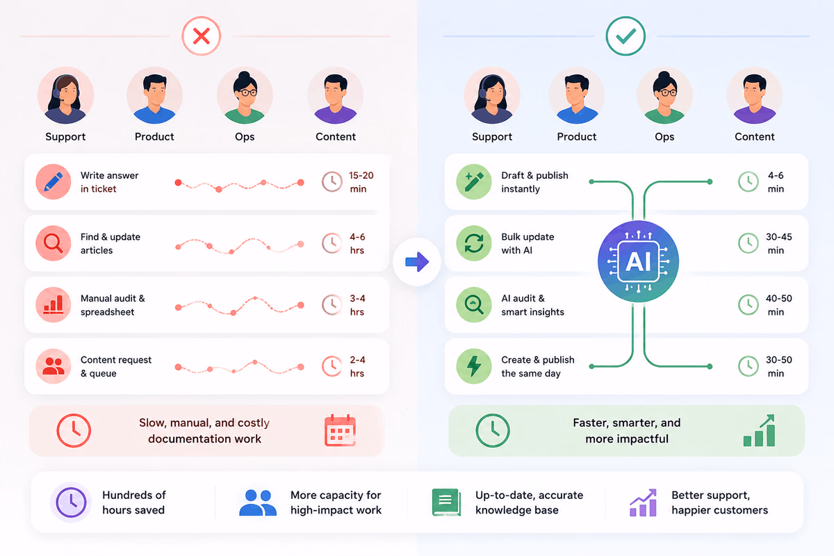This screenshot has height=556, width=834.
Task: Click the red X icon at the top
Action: [x=201, y=36]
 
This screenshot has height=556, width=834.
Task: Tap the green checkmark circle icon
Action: [x=625, y=36]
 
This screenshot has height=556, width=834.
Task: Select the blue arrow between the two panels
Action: [x=417, y=262]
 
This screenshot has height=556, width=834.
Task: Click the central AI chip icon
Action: [x=638, y=261]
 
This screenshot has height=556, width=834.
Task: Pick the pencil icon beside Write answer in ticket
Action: [x=54, y=181]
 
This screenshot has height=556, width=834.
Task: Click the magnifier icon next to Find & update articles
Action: [x=54, y=243]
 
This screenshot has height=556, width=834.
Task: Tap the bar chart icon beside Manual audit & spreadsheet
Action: [x=54, y=304]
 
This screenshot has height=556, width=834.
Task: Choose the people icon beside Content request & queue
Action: [x=54, y=366]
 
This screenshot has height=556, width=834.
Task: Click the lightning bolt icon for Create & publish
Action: [x=473, y=366]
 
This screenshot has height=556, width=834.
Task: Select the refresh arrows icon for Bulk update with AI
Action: [x=473, y=243]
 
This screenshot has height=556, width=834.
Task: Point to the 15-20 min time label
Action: [x=361, y=182]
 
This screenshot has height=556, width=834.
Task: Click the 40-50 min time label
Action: [x=778, y=305]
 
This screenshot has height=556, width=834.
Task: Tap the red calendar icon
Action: [x=340, y=430]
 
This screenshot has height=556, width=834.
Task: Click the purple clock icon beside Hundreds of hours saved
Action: [x=71, y=502]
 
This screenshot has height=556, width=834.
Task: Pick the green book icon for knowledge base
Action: [x=446, y=502]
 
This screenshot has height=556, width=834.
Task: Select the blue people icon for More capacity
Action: [x=258, y=502]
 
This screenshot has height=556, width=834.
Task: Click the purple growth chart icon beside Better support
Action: [x=643, y=502]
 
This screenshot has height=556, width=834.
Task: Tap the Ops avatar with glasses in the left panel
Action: [x=245, y=96]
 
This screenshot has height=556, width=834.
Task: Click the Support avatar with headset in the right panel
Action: [x=492, y=96]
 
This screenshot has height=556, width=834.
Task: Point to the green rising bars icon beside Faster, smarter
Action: [x=759, y=430]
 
